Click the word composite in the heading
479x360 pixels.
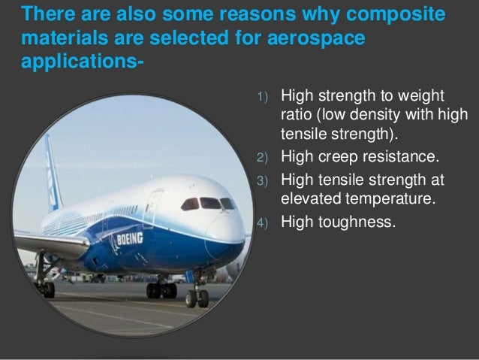(395, 14)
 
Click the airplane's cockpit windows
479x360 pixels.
(208, 204)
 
